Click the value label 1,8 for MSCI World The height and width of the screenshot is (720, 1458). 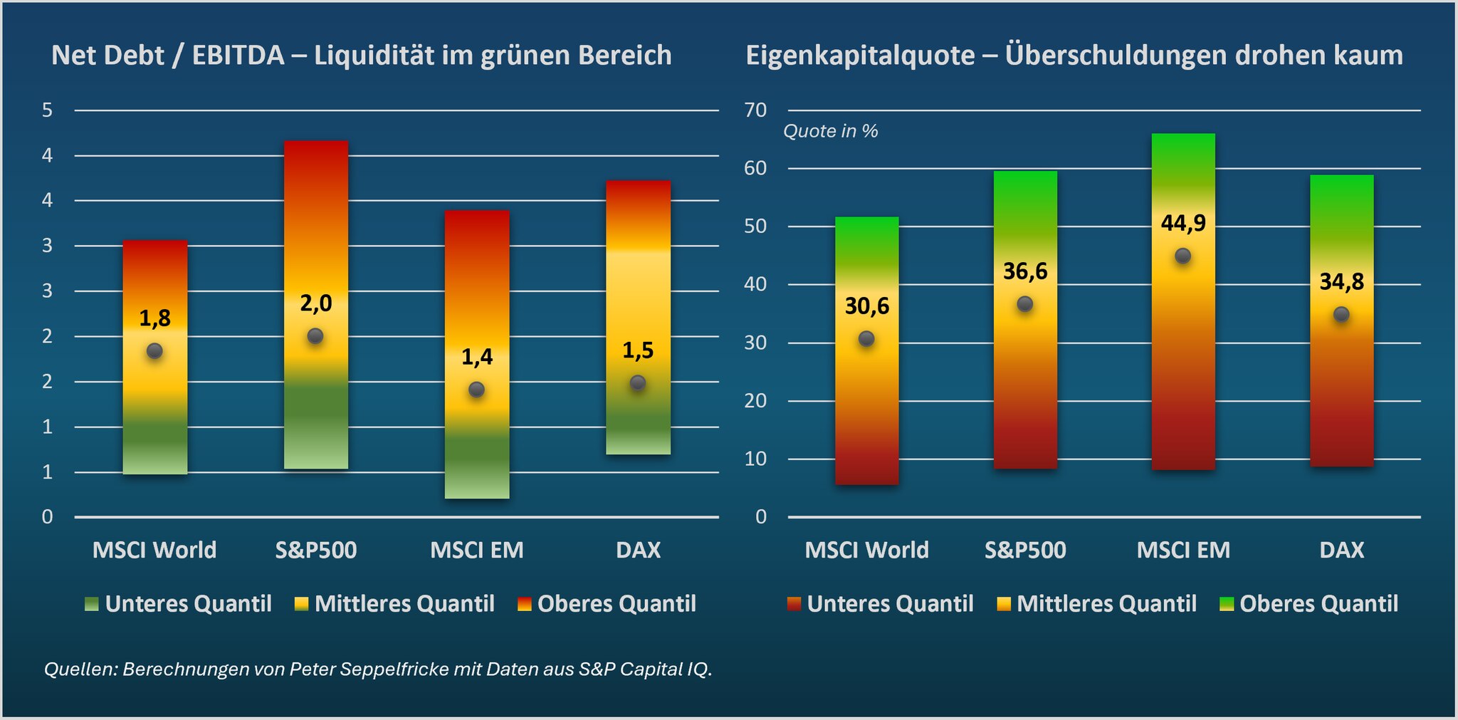pyautogui.click(x=154, y=318)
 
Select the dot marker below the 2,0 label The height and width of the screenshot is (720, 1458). pyautogui.click(x=315, y=336)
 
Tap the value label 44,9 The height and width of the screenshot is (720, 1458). pyautogui.click(x=1183, y=223)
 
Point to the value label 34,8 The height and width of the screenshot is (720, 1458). pyautogui.click(x=1341, y=282)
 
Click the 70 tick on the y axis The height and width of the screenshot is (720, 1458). pyautogui.click(x=755, y=110)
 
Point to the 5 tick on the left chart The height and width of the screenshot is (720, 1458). pyautogui.click(x=48, y=110)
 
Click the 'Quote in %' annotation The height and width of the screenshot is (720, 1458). pyautogui.click(x=830, y=132)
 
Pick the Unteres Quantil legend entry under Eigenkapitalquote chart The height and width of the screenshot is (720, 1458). pyautogui.click(x=881, y=604)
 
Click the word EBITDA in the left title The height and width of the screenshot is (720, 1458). pyautogui.click(x=238, y=56)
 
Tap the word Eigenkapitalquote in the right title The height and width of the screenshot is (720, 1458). pyautogui.click(x=860, y=56)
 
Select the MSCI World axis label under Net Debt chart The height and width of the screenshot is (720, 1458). pyautogui.click(x=154, y=550)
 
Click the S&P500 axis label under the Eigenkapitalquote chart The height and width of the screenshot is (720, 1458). pyautogui.click(x=1025, y=550)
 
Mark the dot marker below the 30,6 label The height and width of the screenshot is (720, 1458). pyautogui.click(x=866, y=339)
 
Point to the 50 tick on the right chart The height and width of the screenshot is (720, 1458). pyautogui.click(x=755, y=226)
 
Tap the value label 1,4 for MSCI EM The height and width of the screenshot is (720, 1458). pyautogui.click(x=477, y=357)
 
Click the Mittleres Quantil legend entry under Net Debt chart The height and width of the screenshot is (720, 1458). pyautogui.click(x=395, y=604)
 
